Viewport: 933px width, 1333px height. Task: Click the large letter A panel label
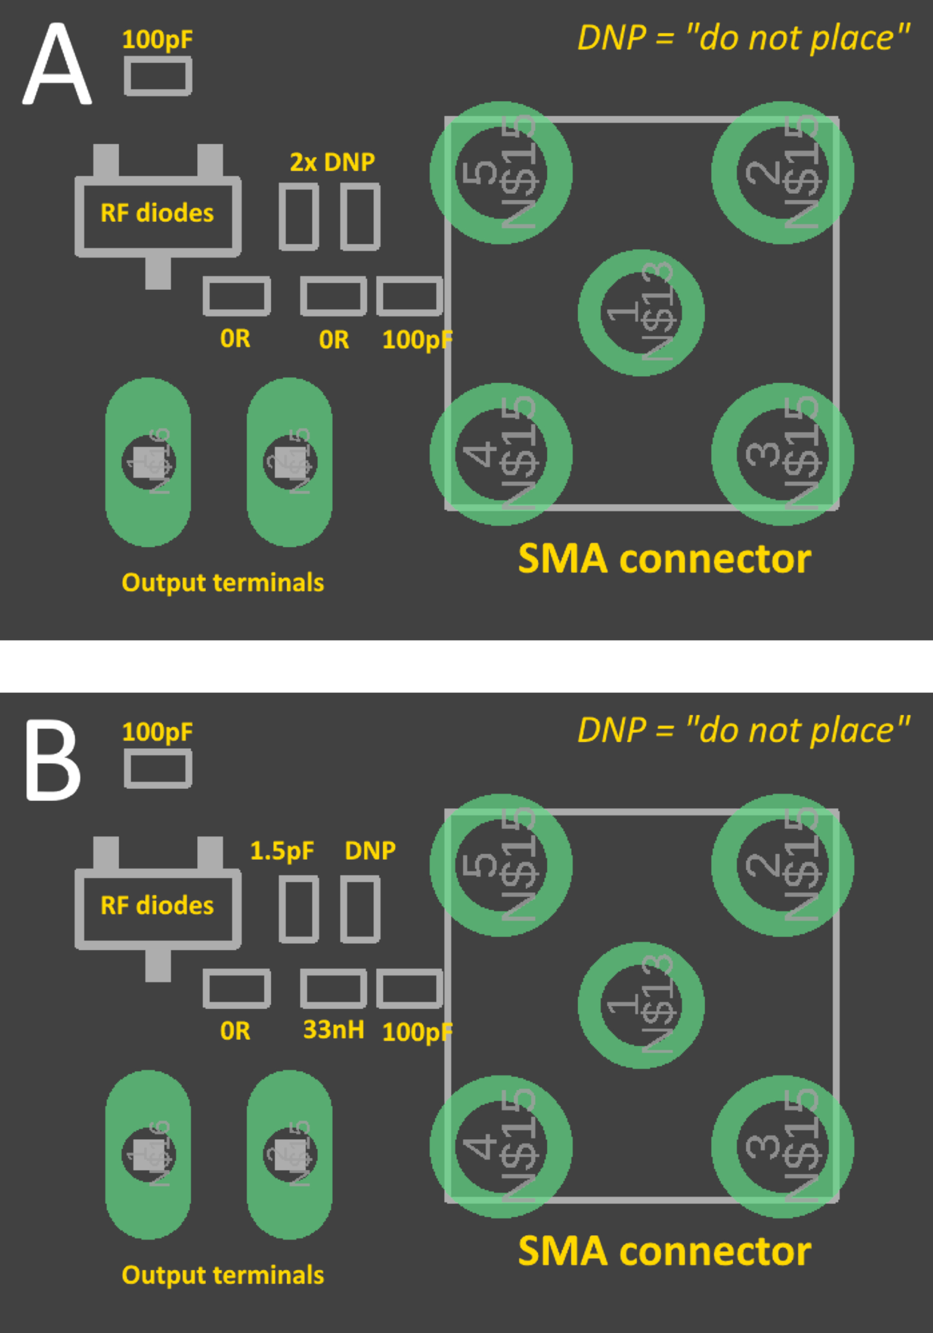[x=57, y=65]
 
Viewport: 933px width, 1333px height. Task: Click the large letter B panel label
[x=53, y=760]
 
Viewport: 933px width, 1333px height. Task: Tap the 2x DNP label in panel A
[x=332, y=163]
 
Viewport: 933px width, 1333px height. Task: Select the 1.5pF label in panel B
[x=282, y=850]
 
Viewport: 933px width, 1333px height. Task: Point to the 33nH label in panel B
[x=333, y=1030]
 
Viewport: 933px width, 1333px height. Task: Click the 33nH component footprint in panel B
[x=333, y=988]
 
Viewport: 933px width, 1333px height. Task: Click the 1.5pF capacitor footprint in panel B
[x=298, y=910]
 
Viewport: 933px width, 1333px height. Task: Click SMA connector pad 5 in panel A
[x=500, y=173]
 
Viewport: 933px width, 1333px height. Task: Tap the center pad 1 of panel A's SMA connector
[x=641, y=313]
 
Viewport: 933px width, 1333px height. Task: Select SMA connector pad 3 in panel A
[x=782, y=454]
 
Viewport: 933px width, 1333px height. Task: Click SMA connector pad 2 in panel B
[x=782, y=866]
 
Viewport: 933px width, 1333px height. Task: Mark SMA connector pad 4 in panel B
[x=500, y=1147]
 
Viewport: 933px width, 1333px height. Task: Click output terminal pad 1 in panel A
[x=148, y=462]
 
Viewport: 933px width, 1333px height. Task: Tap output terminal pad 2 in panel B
[x=289, y=1154]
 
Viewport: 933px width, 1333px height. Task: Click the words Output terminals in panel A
[x=222, y=583]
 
